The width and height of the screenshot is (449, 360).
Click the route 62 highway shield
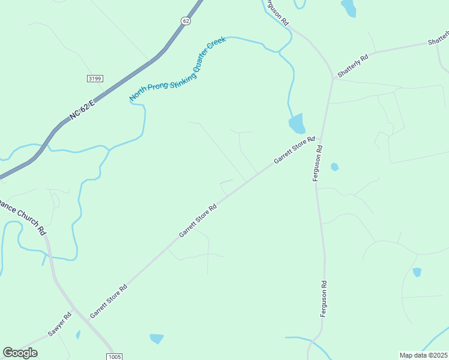point(186,20)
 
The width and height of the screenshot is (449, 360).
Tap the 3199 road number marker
point(95,78)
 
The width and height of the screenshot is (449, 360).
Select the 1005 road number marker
point(116,356)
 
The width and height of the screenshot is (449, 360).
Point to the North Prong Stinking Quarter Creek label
point(178,69)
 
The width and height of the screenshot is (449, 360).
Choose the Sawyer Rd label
point(60,325)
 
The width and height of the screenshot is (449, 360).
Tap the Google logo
point(20,353)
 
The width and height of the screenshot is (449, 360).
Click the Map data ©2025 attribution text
point(424,355)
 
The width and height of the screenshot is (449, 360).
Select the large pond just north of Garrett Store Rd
point(297,124)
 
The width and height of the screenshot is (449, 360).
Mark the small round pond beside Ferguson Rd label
point(334,167)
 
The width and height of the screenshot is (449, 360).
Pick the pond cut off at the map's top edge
point(348,7)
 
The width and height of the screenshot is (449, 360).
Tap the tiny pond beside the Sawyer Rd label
point(78,335)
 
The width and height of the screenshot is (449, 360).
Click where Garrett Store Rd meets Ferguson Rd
point(321,136)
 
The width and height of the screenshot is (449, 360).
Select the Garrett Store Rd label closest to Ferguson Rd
point(294,150)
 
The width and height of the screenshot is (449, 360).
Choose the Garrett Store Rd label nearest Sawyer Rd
point(109,301)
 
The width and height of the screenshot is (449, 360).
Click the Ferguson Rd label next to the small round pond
point(318,163)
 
